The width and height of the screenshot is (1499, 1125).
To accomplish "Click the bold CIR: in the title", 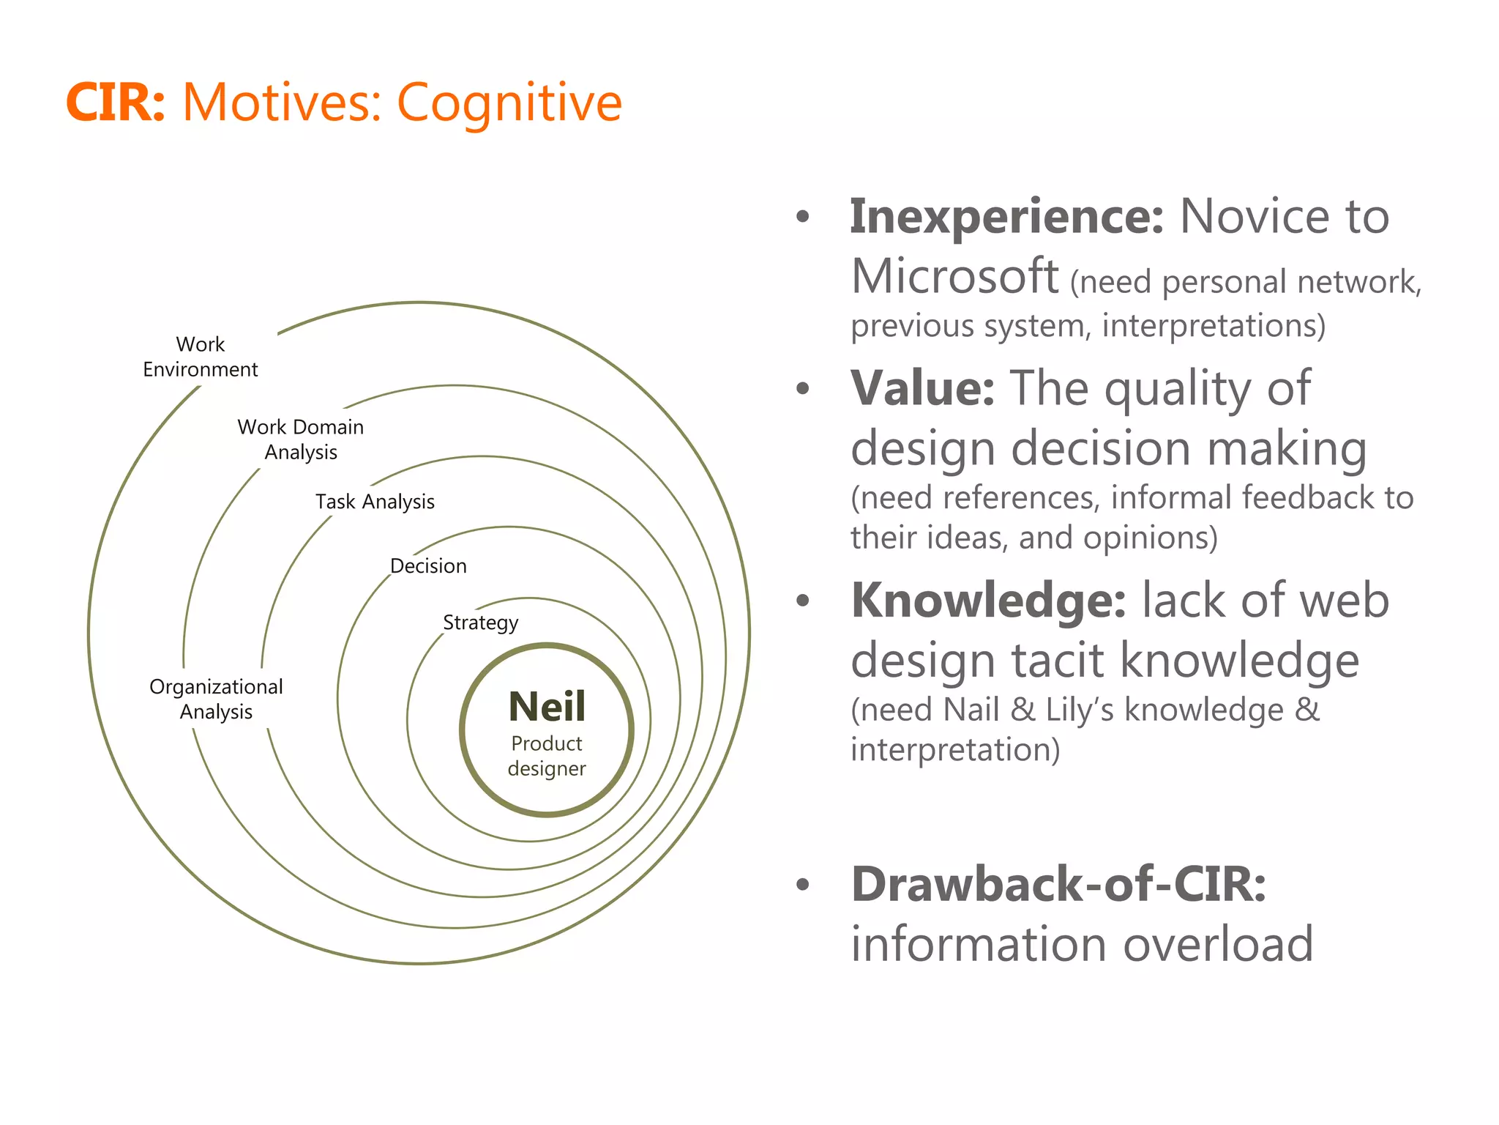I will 116,102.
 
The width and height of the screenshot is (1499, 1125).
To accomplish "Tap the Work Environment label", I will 200,357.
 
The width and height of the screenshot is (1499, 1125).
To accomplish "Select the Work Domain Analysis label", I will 300,439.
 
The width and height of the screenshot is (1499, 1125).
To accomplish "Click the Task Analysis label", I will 375,502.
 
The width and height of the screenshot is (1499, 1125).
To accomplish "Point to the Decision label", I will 428,565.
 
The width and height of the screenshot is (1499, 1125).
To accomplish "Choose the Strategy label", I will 480,623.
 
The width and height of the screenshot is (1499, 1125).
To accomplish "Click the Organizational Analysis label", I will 216,699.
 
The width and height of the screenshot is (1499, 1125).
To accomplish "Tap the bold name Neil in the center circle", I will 547,707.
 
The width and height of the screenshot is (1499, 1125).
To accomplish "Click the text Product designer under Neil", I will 547,756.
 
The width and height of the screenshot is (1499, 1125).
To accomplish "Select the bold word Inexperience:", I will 1006,218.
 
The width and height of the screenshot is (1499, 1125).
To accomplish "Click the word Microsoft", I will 954,277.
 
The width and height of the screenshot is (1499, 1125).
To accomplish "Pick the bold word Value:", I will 922,388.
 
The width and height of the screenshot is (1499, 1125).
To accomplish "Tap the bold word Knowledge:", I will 988,601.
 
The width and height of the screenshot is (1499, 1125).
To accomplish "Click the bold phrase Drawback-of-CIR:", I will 1058,884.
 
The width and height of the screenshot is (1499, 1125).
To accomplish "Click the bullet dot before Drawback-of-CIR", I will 803,885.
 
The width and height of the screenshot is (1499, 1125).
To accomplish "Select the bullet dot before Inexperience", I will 803,217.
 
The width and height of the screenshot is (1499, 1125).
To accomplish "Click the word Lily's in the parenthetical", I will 1079,710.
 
